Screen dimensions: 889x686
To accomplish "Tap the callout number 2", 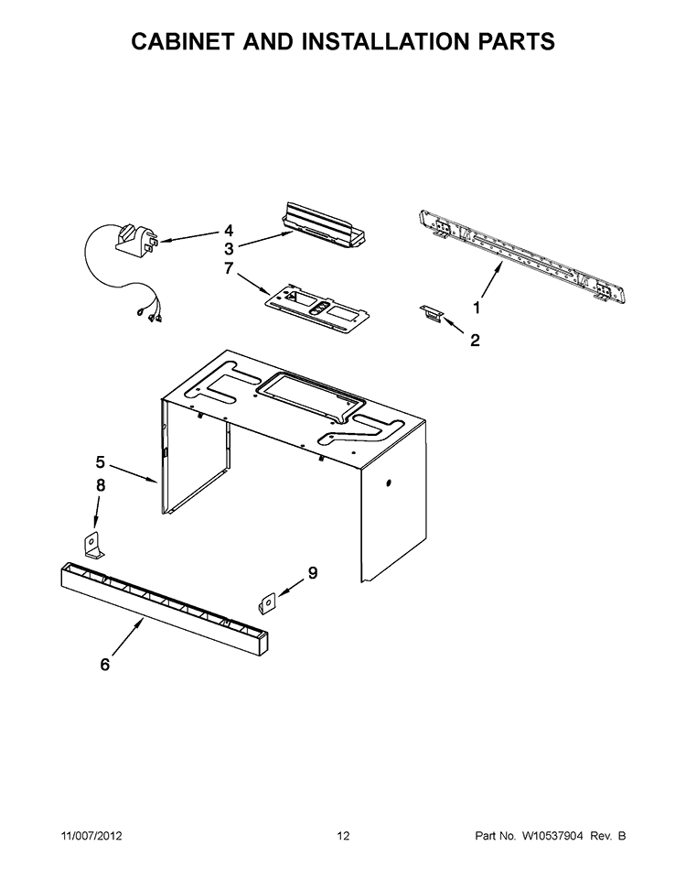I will (475, 341).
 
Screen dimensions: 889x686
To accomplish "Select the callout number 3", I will (230, 248).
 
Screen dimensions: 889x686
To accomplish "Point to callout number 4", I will (229, 231).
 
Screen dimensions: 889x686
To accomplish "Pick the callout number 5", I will (101, 462).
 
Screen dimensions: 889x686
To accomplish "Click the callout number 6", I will (105, 665).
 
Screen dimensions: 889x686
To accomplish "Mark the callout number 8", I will (101, 485).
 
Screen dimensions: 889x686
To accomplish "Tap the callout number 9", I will (313, 573).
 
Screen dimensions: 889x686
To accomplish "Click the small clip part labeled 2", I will (431, 313).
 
